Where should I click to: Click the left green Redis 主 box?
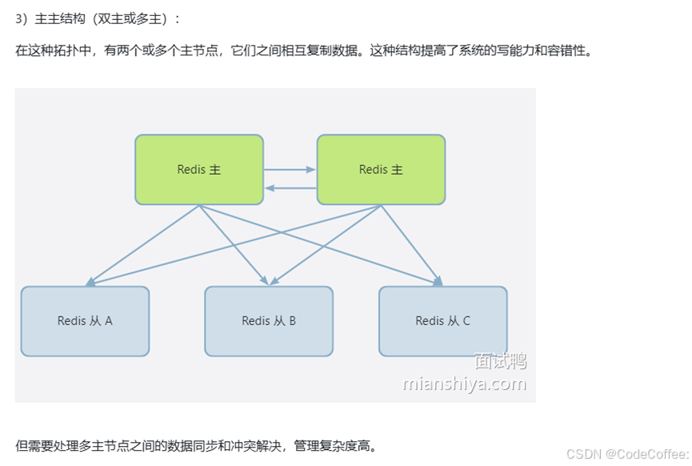pyautogui.click(x=199, y=170)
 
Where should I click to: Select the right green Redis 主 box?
pyautogui.click(x=381, y=170)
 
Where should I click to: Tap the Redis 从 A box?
pyautogui.click(x=85, y=321)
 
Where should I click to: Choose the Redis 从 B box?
pyautogui.click(x=269, y=321)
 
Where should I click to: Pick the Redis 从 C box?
pyautogui.click(x=442, y=321)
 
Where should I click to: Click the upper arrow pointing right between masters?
pyautogui.click(x=290, y=170)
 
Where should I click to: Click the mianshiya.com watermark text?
pyautogui.click(x=464, y=384)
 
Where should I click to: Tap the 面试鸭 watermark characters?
pyautogui.click(x=500, y=361)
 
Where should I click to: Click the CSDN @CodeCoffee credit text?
pyautogui.click(x=626, y=454)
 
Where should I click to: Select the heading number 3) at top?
pyautogui.click(x=22, y=18)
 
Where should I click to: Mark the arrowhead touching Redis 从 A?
pyautogui.click(x=90, y=282)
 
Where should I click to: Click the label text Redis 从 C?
pyautogui.click(x=442, y=321)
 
